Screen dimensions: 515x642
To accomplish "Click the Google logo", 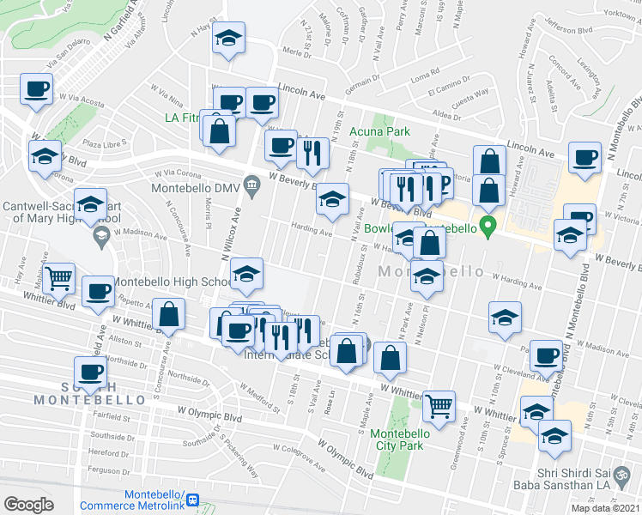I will pos(28,505).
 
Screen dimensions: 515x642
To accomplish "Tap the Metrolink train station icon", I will pos(193,500).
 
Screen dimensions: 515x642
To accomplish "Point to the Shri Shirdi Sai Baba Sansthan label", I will pos(587,470).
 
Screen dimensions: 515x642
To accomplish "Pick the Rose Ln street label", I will pos(329,403).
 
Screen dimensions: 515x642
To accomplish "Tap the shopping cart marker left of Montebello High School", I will pos(58,276).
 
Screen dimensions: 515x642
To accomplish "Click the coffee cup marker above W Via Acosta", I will pos(36,88).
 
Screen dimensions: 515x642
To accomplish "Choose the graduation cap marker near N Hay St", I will pos(228,38).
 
